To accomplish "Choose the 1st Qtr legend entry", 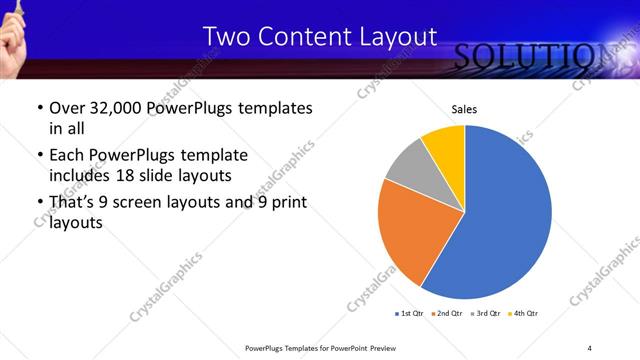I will (x=411, y=314).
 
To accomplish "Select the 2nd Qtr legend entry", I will (x=448, y=314).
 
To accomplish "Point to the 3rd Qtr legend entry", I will (x=486, y=314).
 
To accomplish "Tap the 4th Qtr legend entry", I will (x=524, y=314).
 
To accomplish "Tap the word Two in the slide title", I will (x=223, y=37).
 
